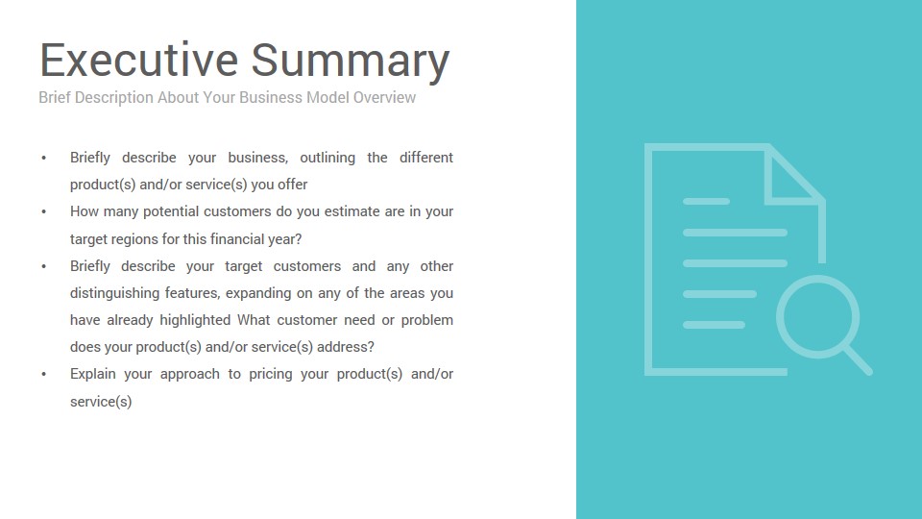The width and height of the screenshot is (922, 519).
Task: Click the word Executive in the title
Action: pyautogui.click(x=138, y=60)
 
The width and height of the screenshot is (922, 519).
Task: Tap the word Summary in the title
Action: pyautogui.click(x=351, y=62)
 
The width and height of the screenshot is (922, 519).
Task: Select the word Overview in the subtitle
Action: pyautogui.click(x=384, y=97)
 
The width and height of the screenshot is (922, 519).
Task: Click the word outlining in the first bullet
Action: pyautogui.click(x=328, y=158)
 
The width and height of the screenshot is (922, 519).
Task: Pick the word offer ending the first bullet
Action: pyautogui.click(x=293, y=185)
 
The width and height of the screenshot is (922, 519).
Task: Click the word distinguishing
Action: pyautogui.click(x=113, y=293)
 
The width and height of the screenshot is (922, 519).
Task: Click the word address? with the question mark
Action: pyautogui.click(x=346, y=347)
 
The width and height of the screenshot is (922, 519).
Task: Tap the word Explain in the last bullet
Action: pyautogui.click(x=92, y=374)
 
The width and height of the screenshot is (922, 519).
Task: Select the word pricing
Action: pyautogui.click(x=271, y=374)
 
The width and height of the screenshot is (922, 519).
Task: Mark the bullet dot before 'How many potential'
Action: pyautogui.click(x=44, y=211)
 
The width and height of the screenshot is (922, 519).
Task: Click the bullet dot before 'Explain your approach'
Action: pyautogui.click(x=44, y=374)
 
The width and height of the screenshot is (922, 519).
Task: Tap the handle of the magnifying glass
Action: pyautogui.click(x=859, y=360)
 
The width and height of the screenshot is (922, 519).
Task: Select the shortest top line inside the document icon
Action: pyautogui.click(x=706, y=201)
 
